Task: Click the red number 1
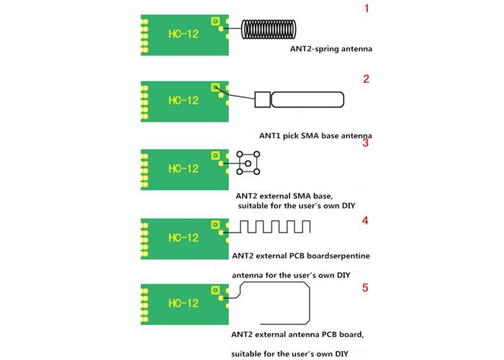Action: coord(366,9)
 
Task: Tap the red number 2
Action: coord(366,79)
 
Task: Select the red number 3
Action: coord(366,143)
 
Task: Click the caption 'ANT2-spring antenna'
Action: coord(332,50)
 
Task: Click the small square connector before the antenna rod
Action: coord(262,100)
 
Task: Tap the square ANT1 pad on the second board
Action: coord(215,87)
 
